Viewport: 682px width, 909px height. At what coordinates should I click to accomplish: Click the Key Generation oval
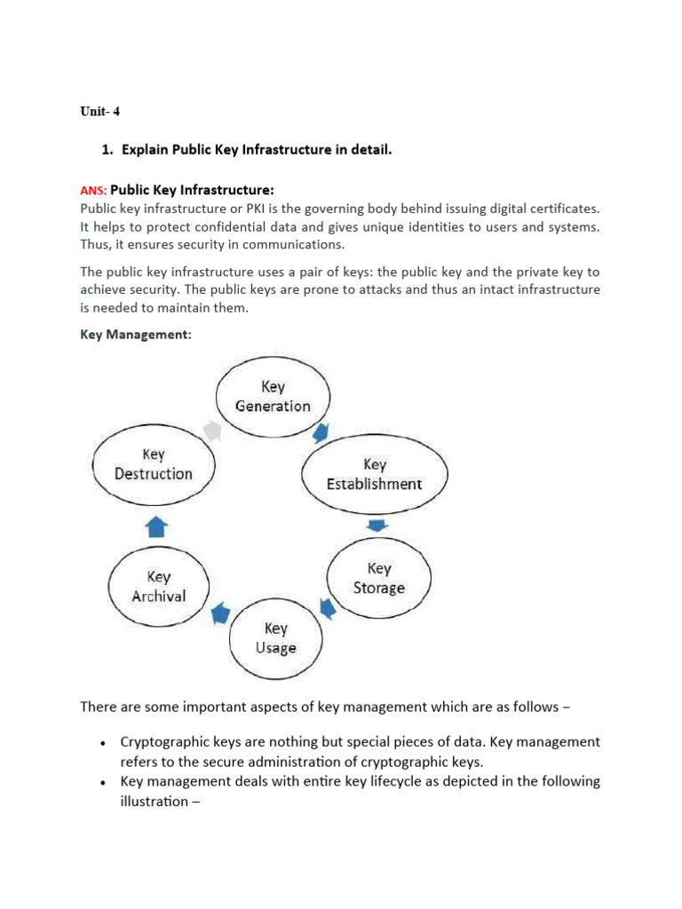(273, 397)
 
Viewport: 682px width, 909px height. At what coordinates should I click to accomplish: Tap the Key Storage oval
(378, 578)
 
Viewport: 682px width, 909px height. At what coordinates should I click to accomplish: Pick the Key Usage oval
(275, 637)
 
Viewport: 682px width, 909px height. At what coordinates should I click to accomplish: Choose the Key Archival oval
(158, 587)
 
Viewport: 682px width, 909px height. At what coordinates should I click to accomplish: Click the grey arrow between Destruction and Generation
(211, 430)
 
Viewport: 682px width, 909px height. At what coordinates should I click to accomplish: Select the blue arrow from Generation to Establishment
(320, 434)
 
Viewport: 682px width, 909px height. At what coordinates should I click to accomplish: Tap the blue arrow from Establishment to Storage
(377, 526)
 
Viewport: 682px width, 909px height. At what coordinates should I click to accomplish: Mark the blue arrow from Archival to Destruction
(157, 528)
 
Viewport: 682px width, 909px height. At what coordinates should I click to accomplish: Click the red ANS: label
(93, 190)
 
